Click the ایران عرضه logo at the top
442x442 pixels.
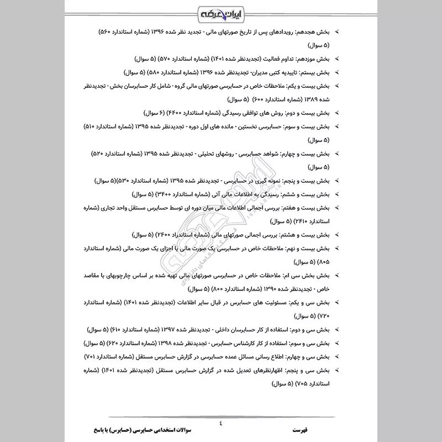pyautogui.click(x=220, y=12)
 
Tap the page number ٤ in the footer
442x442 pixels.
pyautogui.click(x=220, y=424)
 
